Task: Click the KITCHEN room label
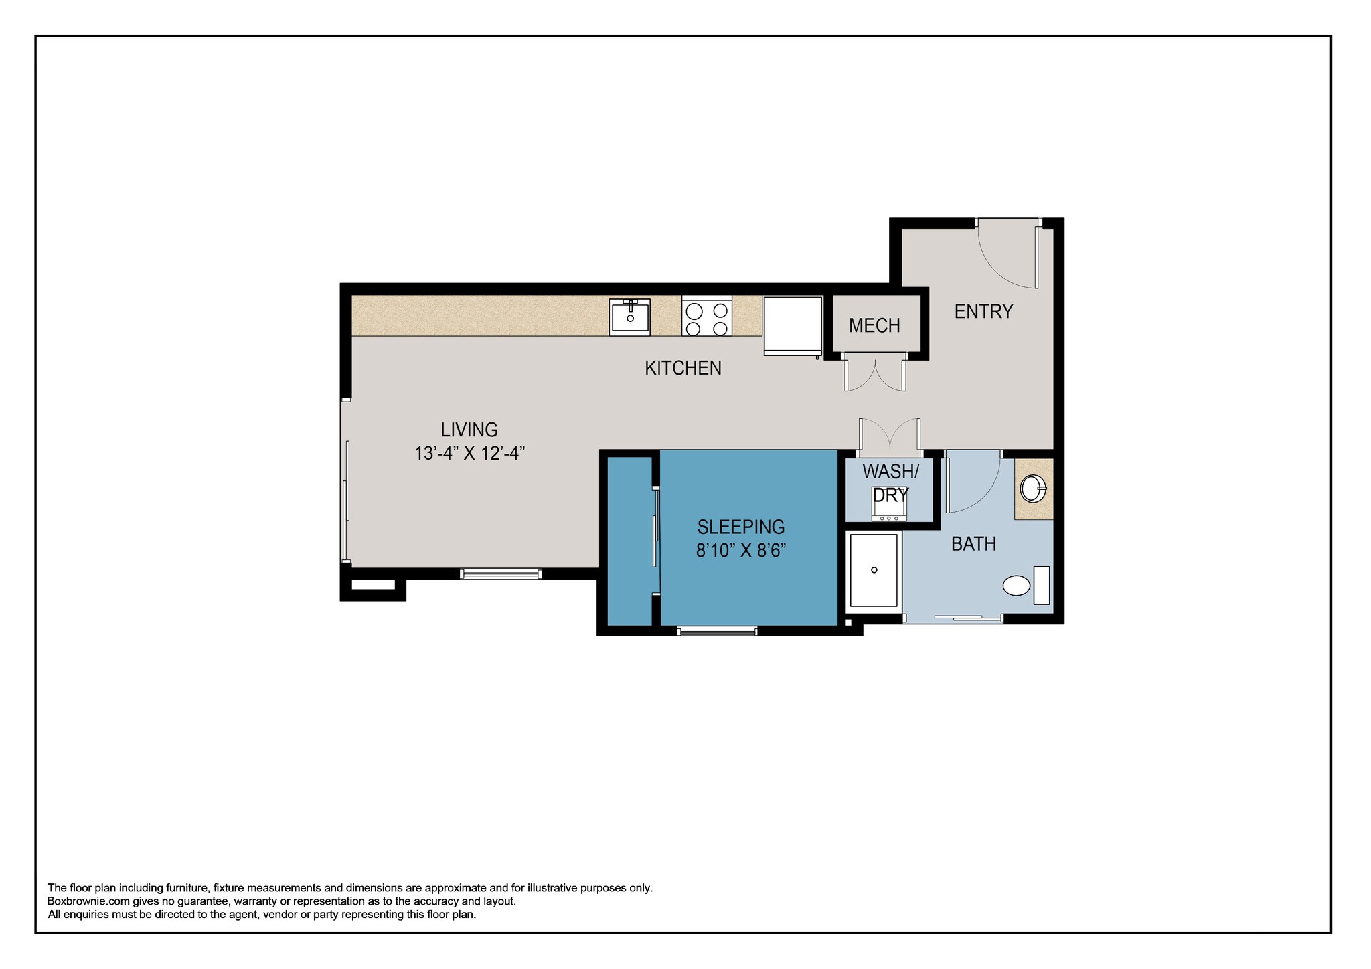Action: click(x=683, y=368)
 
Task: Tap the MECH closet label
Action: click(x=874, y=326)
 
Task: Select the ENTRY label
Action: click(x=983, y=312)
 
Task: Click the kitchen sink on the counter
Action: click(x=629, y=317)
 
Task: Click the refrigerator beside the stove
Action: click(x=793, y=325)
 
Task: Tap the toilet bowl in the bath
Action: click(x=1016, y=586)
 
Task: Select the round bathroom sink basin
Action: click(x=1032, y=489)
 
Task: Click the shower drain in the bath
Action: click(x=874, y=570)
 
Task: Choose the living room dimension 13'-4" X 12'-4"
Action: click(x=469, y=454)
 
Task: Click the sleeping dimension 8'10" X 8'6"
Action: click(x=740, y=551)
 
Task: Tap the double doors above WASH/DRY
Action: click(x=890, y=435)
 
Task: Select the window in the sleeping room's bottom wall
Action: click(x=717, y=630)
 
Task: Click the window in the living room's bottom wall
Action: click(x=500, y=574)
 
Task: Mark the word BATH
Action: click(x=973, y=544)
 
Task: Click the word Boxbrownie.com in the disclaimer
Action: click(x=88, y=901)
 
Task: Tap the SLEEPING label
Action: click(x=740, y=527)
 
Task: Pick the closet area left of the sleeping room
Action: click(x=629, y=542)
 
